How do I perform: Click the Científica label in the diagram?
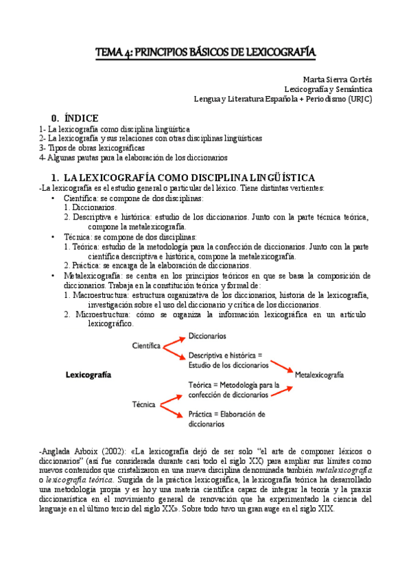click(146, 346)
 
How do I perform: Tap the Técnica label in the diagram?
click(143, 405)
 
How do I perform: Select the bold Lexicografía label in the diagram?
click(89, 375)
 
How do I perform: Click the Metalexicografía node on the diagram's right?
click(319, 375)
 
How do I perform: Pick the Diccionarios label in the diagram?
click(209, 336)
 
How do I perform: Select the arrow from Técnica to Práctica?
click(172, 410)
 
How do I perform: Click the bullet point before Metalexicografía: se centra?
click(54, 275)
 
